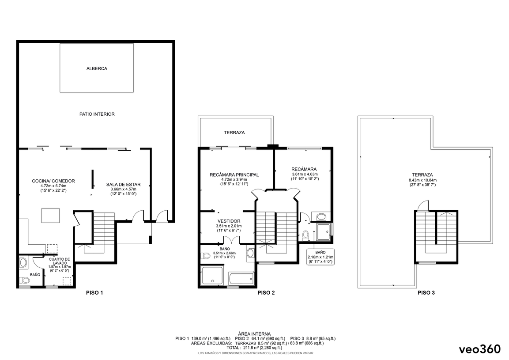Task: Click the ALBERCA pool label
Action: [97, 68]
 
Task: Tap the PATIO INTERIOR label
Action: [97, 114]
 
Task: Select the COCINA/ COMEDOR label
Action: [53, 181]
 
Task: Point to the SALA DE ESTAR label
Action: [123, 185]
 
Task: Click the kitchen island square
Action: [50, 216]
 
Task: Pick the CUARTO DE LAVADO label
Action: [60, 261]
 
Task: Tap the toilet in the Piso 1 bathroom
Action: [24, 280]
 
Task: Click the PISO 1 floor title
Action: [94, 292]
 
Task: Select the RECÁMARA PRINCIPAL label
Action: [234, 175]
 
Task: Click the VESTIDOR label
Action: [229, 221]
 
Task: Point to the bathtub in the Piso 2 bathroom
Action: [241, 278]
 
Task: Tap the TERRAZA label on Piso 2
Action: [234, 133]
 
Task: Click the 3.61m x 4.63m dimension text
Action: [305, 174]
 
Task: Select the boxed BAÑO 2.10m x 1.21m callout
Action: [320, 257]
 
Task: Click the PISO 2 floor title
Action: [266, 292]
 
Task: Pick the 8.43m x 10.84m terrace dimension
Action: [422, 180]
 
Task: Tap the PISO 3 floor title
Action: [426, 292]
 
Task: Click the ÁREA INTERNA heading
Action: [254, 333]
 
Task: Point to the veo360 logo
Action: [480, 349]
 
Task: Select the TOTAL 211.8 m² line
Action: [254, 347]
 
